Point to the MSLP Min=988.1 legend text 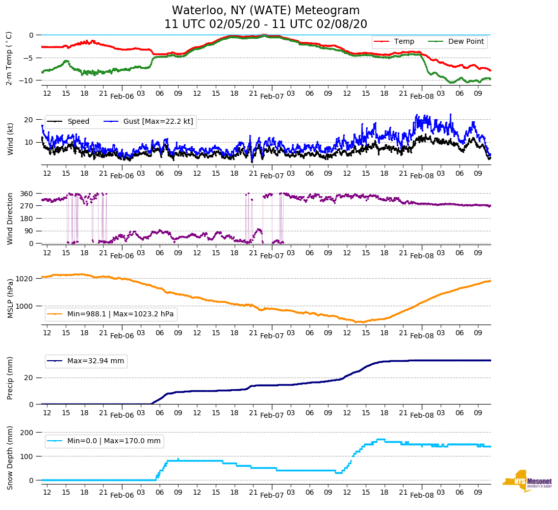(120, 314)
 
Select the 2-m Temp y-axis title (9, 58)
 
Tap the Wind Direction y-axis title (10, 218)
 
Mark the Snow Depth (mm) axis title (10, 457)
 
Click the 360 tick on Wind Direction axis (27, 194)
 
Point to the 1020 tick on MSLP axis (25, 279)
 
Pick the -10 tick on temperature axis (27, 80)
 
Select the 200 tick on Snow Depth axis (27, 433)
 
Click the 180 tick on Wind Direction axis (27, 219)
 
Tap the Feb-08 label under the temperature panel (422, 96)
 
